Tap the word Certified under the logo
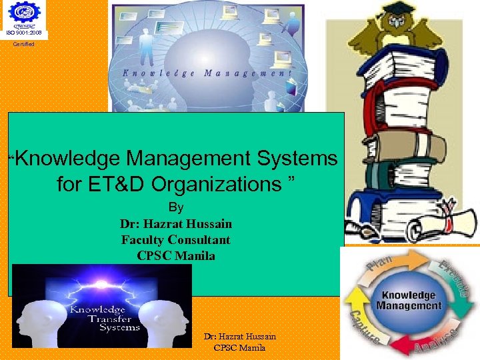[24, 44]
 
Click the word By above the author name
[176, 208]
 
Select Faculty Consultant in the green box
[176, 239]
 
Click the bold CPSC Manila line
[176, 255]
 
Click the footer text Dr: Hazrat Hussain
[239, 337]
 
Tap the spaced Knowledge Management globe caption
[207, 73]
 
